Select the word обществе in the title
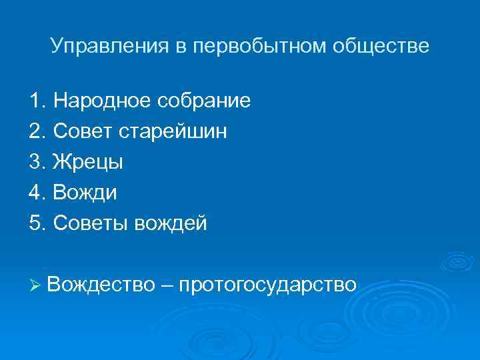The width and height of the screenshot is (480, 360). (x=381, y=47)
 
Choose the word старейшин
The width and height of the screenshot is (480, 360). (x=173, y=132)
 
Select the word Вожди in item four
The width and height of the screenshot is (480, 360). (x=85, y=193)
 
